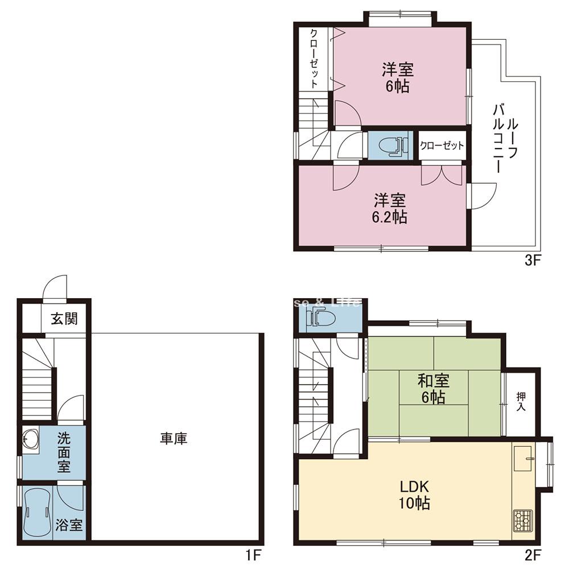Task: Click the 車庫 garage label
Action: [174, 439]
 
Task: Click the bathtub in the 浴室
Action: [38, 512]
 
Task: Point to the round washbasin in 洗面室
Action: [30, 439]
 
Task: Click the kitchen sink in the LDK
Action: [523, 457]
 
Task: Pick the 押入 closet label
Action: [521, 402]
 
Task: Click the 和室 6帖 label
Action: [434, 389]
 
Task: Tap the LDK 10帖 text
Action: [414, 495]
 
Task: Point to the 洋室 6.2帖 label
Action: [390, 208]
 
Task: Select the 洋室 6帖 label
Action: [397, 78]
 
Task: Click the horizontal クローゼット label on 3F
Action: [442, 146]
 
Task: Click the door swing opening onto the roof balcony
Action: [479, 196]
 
